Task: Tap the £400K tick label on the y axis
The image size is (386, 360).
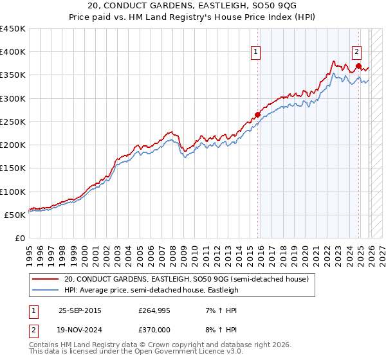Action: click(x=12, y=52)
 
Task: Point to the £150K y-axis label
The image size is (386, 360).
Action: click(x=12, y=168)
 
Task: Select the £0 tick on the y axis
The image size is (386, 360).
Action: click(x=19, y=238)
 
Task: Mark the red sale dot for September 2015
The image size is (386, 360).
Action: click(x=257, y=115)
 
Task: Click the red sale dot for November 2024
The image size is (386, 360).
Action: click(x=358, y=66)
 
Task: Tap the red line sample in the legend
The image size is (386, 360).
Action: click(x=46, y=280)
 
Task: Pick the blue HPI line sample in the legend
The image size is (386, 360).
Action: click(x=46, y=290)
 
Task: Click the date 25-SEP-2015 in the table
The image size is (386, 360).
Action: click(x=80, y=310)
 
